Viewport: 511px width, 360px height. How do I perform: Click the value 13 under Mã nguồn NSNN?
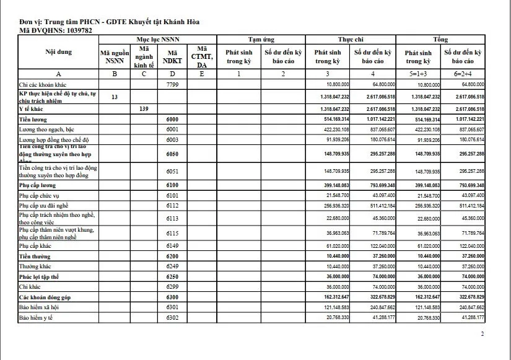[x=115, y=97]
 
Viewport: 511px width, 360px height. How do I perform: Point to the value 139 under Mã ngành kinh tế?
[x=144, y=108]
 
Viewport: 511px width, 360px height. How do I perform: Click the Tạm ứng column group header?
[x=261, y=39]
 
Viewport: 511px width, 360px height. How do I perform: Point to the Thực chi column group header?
[x=351, y=39]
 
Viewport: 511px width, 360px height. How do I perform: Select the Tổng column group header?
[x=440, y=39]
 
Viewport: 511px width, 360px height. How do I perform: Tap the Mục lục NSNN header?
[x=158, y=39]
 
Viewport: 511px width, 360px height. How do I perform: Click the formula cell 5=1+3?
[x=418, y=74]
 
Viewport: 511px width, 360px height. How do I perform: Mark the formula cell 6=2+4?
[x=463, y=74]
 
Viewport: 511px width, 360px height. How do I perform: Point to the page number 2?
[x=483, y=334]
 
